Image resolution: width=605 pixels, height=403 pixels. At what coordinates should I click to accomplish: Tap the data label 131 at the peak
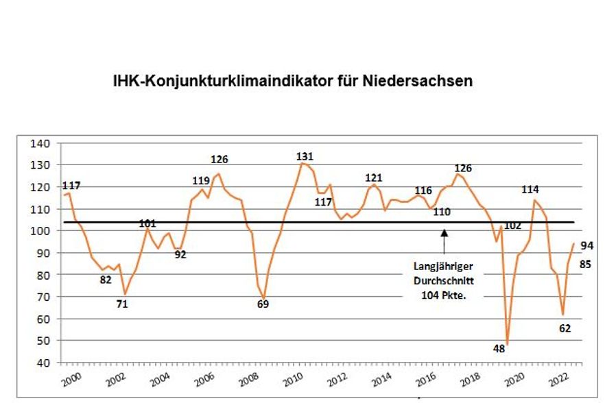tap(305, 157)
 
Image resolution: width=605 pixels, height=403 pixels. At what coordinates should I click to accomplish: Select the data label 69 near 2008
tap(263, 304)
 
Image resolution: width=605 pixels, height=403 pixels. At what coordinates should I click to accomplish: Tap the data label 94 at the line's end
tap(587, 246)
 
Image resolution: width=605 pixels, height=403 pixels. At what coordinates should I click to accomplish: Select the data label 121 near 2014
tap(374, 178)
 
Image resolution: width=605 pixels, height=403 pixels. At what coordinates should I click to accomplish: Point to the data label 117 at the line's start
tap(71, 186)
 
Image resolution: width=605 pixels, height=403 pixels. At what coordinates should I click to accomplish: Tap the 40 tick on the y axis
tap(44, 363)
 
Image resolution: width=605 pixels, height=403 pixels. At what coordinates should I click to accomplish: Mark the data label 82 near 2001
tap(105, 279)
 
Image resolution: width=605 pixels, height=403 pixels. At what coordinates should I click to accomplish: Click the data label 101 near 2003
tap(147, 223)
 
